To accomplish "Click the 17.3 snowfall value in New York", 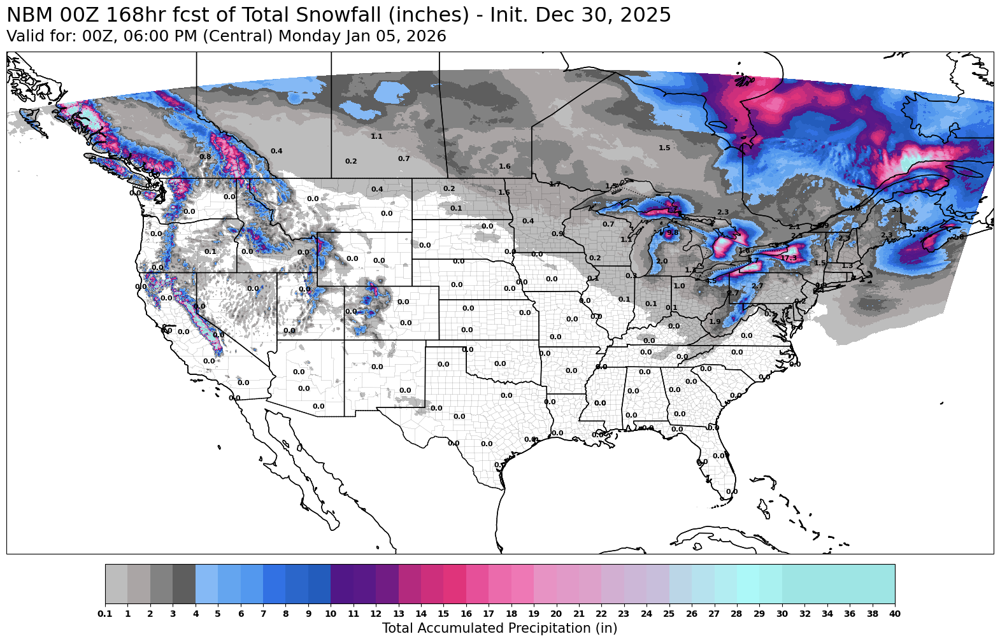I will [789, 258].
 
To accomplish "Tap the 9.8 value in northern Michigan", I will [672, 233].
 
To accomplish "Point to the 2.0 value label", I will [662, 262].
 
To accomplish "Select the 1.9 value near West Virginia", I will [715, 321].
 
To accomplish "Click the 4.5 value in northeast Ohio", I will [711, 281].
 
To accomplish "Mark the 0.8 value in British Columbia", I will [205, 157].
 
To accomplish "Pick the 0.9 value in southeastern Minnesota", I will [557, 234].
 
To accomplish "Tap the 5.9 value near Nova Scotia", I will [922, 229].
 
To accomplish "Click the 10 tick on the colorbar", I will [331, 614].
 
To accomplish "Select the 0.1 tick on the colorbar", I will [105, 614].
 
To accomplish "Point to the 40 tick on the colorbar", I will [894, 614].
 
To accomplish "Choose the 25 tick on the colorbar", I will [669, 614].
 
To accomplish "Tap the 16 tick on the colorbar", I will [466, 614].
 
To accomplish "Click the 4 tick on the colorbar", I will [196, 614].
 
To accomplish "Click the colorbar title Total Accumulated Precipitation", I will [499, 628].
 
